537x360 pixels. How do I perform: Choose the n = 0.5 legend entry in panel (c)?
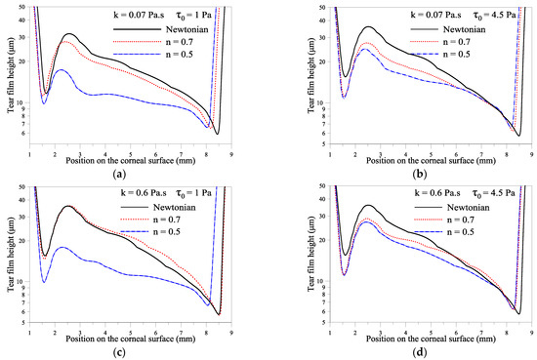pos(163,231)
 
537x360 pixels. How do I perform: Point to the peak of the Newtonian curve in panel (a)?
pos(68,34)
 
